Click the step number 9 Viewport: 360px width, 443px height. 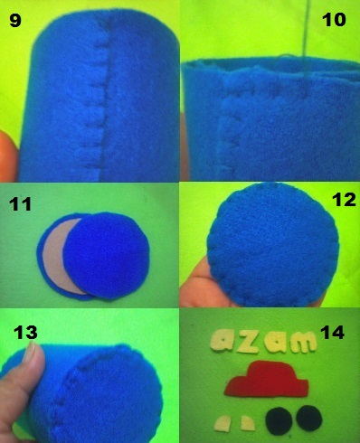click(x=15, y=21)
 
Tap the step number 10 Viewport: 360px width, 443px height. click(x=334, y=20)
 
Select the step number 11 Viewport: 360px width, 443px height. click(x=20, y=204)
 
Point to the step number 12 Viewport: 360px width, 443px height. click(x=344, y=200)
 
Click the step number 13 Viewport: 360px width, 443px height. click(x=25, y=333)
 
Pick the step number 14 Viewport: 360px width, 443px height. click(x=333, y=333)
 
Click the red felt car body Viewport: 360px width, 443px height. click(x=266, y=380)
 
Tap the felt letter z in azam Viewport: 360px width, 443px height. click(x=248, y=343)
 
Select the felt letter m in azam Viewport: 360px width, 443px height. click(x=303, y=342)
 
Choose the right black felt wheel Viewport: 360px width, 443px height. click(x=309, y=419)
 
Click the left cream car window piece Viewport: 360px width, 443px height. click(x=223, y=423)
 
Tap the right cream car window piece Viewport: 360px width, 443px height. click(x=248, y=423)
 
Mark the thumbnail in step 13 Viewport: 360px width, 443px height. click(x=31, y=351)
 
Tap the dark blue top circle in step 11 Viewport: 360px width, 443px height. click(x=107, y=256)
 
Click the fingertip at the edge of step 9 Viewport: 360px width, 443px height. click(x=8, y=156)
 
